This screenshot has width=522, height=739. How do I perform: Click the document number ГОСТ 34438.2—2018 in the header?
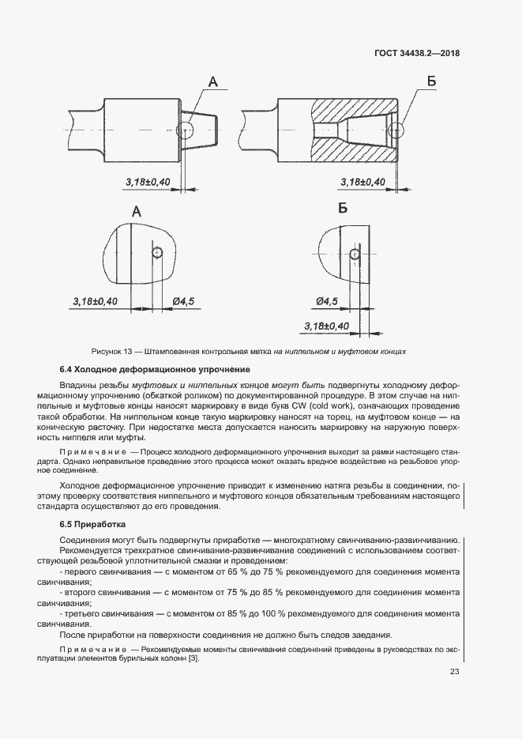(416, 54)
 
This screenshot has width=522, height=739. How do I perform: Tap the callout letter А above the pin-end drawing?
(214, 81)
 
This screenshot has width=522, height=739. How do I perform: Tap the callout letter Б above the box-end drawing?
(431, 81)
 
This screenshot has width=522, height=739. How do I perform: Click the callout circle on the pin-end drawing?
(186, 129)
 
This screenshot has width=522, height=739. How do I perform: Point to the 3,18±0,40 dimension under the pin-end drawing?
(148, 183)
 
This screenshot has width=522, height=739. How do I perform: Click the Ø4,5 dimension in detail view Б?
(326, 301)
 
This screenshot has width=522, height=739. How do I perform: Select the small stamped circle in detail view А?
(158, 252)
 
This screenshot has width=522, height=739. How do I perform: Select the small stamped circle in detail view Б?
(355, 254)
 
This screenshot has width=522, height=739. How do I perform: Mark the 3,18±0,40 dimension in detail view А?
(95, 302)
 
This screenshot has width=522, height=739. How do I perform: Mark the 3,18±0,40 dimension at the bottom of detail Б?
(326, 326)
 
